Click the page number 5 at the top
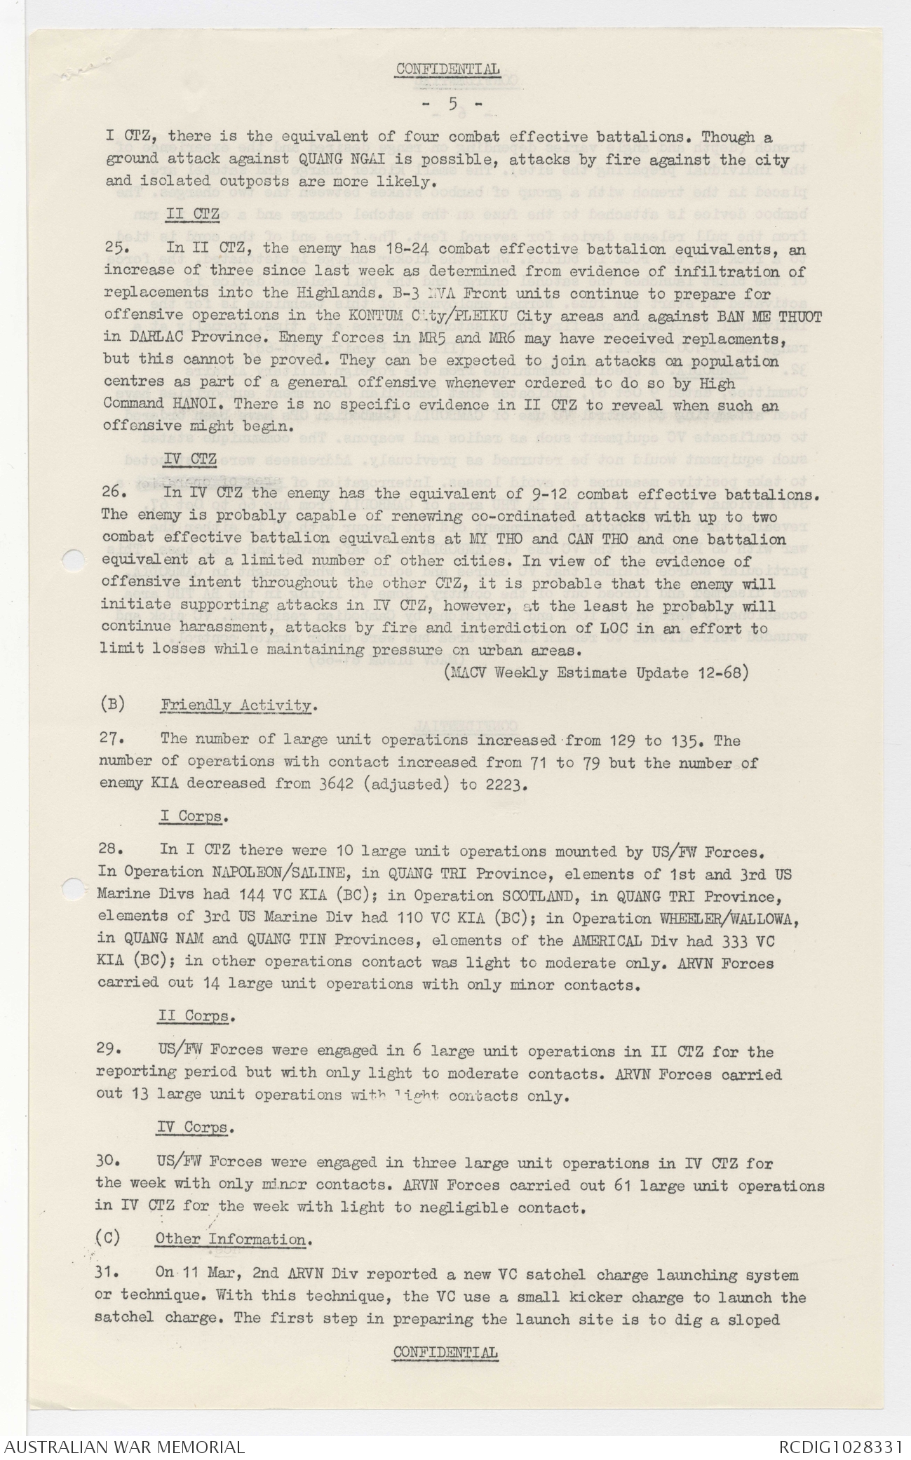(x=452, y=104)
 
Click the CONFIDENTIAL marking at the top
(x=447, y=69)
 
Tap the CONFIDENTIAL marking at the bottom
(x=446, y=1353)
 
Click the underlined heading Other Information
(x=230, y=1239)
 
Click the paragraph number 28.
(x=111, y=850)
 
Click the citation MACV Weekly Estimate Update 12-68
(x=595, y=672)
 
